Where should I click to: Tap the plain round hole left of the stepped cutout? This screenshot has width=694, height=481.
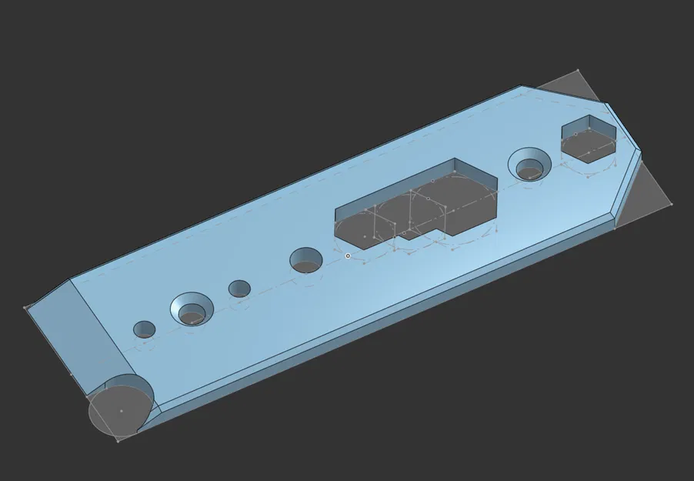pyautogui.click(x=305, y=260)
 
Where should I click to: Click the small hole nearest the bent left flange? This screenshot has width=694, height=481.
pyautogui.click(x=144, y=329)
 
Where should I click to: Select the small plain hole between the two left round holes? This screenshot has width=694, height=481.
pyautogui.click(x=239, y=289)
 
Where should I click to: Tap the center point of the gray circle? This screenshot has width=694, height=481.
pyautogui.click(x=122, y=411)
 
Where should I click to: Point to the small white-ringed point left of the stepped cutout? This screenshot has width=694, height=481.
pyautogui.click(x=348, y=256)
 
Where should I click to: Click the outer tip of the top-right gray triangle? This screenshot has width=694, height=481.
pyautogui.click(x=579, y=71)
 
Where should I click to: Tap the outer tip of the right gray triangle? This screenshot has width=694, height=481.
pyautogui.click(x=671, y=204)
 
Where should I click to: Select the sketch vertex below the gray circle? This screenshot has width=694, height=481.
pyautogui.click(x=117, y=441)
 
